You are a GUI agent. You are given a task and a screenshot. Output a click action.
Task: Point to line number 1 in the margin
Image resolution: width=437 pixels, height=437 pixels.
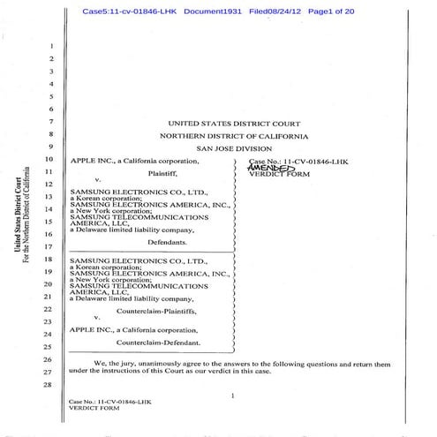point(53,45)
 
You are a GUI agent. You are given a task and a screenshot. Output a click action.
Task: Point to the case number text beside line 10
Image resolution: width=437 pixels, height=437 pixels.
point(287,162)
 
